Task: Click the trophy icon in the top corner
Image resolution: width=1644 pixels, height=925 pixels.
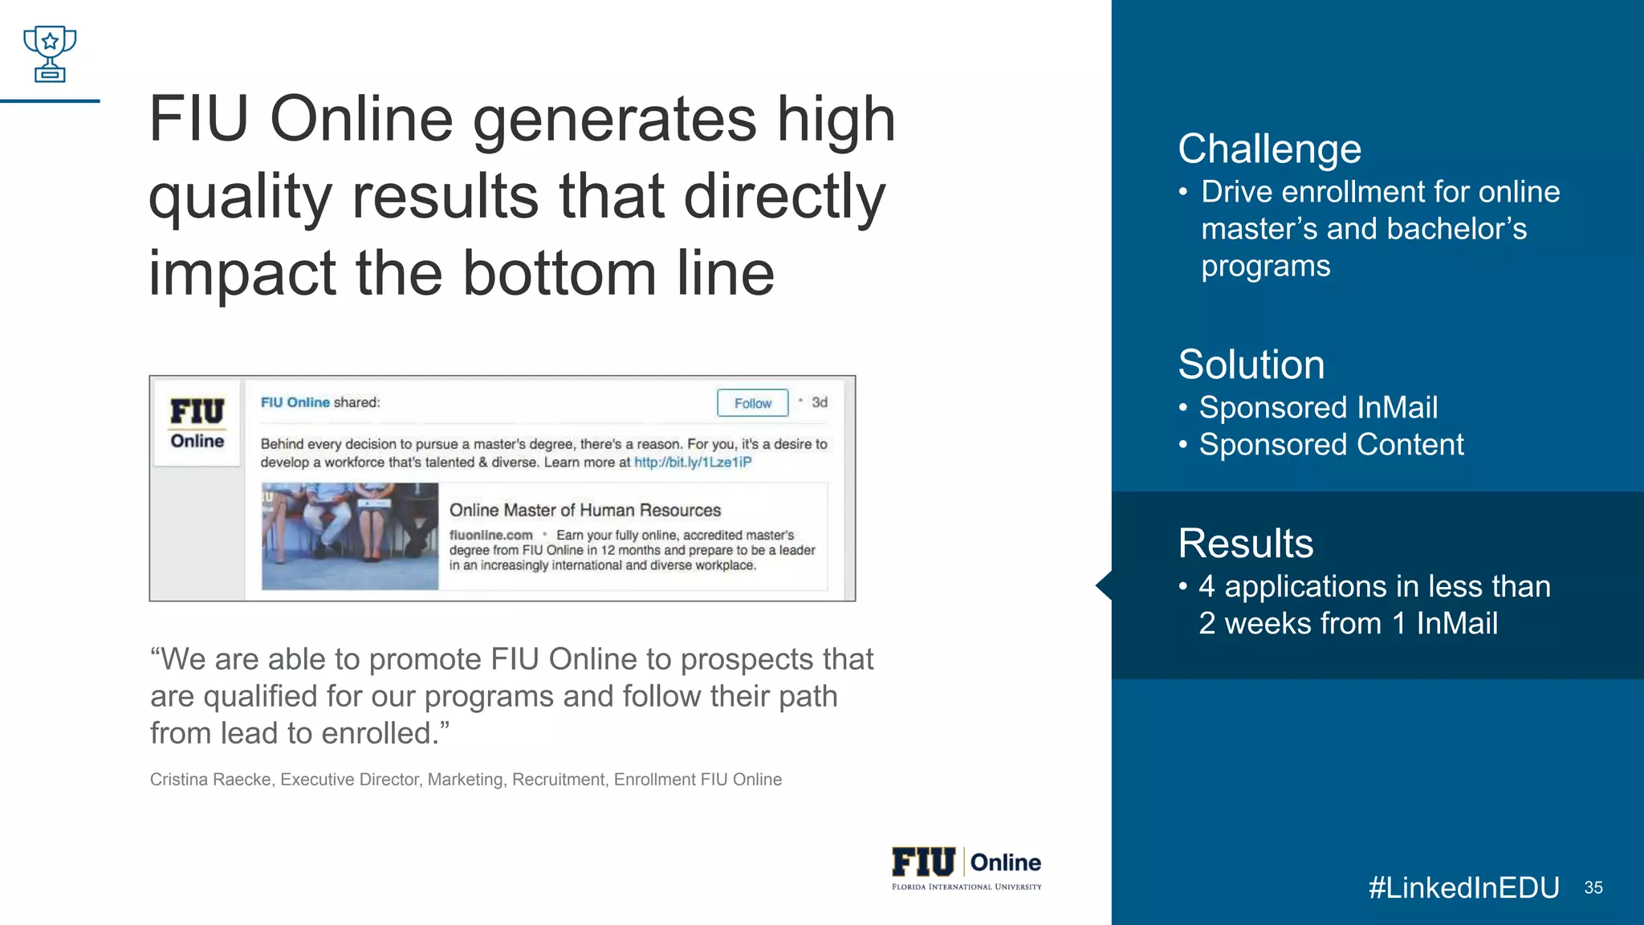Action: pos(50,54)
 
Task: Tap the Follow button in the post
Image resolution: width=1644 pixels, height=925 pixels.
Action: pos(752,403)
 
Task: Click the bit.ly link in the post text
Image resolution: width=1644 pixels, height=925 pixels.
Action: pos(693,462)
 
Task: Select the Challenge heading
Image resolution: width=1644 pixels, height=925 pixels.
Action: pos(1269,149)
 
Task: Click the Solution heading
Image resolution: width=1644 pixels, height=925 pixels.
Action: pos(1251,365)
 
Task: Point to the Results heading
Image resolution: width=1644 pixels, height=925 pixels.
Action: pos(1245,544)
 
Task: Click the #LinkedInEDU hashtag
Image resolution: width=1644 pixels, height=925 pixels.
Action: pos(1463,887)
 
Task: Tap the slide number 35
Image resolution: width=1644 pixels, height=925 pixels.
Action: pos(1593,887)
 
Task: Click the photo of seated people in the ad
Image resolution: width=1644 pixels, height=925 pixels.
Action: pos(350,536)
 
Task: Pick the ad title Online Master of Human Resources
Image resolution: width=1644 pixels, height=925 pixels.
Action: pos(585,511)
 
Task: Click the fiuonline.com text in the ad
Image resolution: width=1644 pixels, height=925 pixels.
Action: pos(491,536)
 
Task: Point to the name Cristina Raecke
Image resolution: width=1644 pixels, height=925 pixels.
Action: pos(210,780)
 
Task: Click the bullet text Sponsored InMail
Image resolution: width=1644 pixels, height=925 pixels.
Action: pos(1318,408)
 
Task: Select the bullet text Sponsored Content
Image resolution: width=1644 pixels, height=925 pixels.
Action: pos(1331,445)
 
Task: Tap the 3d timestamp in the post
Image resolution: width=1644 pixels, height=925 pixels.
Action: pos(819,402)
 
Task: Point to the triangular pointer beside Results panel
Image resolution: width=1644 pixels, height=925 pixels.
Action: pos(1104,585)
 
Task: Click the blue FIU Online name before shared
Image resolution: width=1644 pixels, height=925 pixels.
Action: pos(295,402)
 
